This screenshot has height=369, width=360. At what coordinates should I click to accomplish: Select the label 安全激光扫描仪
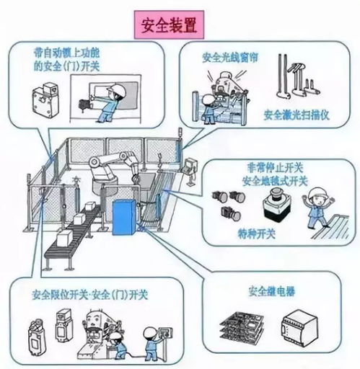(297, 114)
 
